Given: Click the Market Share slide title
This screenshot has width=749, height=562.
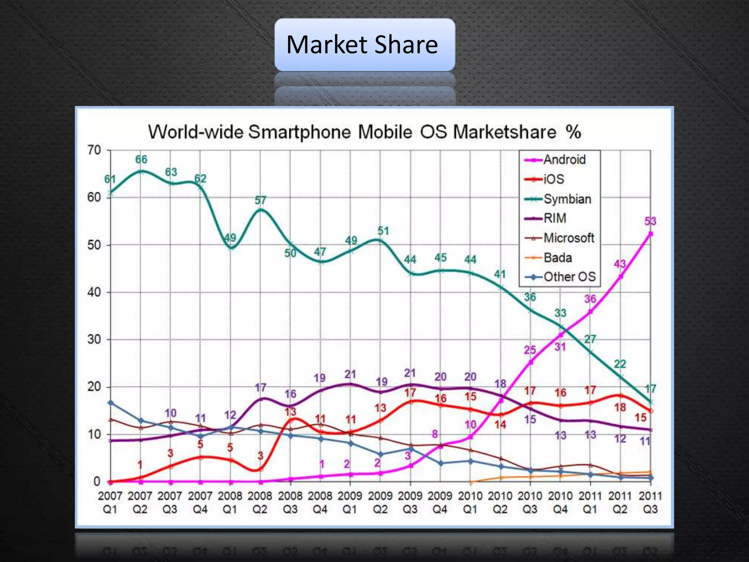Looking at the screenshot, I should pyautogui.click(x=362, y=45).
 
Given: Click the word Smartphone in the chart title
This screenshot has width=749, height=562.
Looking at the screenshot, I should pyautogui.click(x=300, y=132).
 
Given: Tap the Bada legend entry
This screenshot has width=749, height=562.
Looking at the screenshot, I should pyautogui.click(x=557, y=258).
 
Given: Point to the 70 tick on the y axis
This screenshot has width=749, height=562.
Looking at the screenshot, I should pyautogui.click(x=94, y=150).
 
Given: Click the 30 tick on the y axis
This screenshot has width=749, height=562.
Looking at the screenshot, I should pyautogui.click(x=94, y=339).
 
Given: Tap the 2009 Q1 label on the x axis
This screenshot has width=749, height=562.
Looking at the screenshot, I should pyautogui.click(x=350, y=502).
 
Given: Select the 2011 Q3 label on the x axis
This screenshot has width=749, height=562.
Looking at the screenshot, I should pyautogui.click(x=650, y=502).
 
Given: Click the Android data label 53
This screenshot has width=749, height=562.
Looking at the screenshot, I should pyautogui.click(x=650, y=221).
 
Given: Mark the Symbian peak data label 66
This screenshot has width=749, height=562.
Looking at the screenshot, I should pyautogui.click(x=141, y=160).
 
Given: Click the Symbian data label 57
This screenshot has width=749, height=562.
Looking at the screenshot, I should pyautogui.click(x=260, y=200).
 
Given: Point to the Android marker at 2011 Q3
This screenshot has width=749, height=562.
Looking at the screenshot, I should pyautogui.click(x=651, y=233).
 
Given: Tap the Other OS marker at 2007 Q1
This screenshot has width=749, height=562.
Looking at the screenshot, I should pyautogui.click(x=111, y=403).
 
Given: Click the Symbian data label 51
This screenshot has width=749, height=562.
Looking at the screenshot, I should pyautogui.click(x=383, y=231).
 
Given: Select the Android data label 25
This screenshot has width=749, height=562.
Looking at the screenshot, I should pyautogui.click(x=530, y=350).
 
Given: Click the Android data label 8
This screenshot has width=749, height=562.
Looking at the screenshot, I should pyautogui.click(x=434, y=434).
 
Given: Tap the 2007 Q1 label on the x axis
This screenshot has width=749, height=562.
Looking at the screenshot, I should pyautogui.click(x=110, y=502).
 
